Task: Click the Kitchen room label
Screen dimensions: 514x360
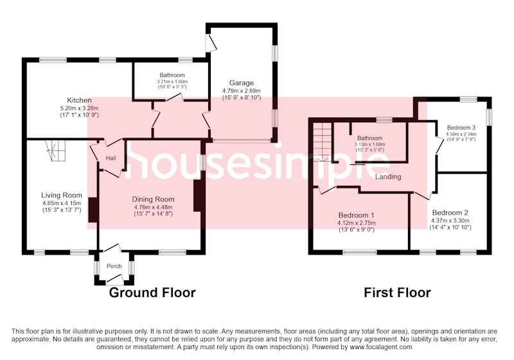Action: [79, 100]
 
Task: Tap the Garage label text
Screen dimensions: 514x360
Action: [242, 83]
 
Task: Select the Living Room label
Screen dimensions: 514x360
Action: [62, 195]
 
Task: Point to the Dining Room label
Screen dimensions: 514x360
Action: [153, 199]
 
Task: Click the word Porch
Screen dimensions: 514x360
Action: [114, 266]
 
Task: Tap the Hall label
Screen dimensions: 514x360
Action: [111, 158]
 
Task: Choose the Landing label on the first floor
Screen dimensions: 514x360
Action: [388, 177]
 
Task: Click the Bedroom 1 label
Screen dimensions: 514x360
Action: [357, 215]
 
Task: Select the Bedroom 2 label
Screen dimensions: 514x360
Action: [450, 213]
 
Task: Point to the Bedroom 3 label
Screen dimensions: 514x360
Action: [461, 127]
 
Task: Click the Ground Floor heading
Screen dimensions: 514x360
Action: [152, 292]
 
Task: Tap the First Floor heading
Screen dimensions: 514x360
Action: [397, 292]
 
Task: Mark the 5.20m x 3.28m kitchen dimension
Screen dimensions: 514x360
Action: [79, 108]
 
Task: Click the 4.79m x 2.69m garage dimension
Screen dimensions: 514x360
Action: [242, 91]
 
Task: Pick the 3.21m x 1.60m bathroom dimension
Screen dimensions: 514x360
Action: [172, 82]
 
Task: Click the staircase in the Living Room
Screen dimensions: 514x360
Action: [55, 150]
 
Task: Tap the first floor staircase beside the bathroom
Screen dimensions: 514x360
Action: [323, 141]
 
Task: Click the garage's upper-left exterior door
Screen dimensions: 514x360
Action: [211, 42]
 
